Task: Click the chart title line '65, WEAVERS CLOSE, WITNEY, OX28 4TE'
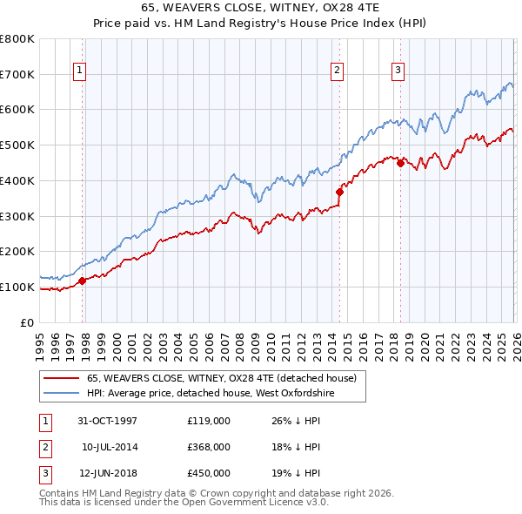pyautogui.click(x=260, y=8)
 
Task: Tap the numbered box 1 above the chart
pyautogui.click(x=79, y=71)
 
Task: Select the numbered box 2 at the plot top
pyautogui.click(x=337, y=71)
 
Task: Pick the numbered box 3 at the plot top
pyautogui.click(x=398, y=71)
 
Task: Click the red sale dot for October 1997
pyautogui.click(x=83, y=281)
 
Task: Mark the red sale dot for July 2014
pyautogui.click(x=339, y=193)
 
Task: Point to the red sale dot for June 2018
pyautogui.click(x=400, y=163)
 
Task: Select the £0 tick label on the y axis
pyautogui.click(x=27, y=322)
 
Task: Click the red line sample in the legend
pyautogui.click(x=62, y=379)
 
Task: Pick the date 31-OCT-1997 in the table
pyautogui.click(x=108, y=421)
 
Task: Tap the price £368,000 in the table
pyautogui.click(x=209, y=447)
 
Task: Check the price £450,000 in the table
pyautogui.click(x=209, y=473)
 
